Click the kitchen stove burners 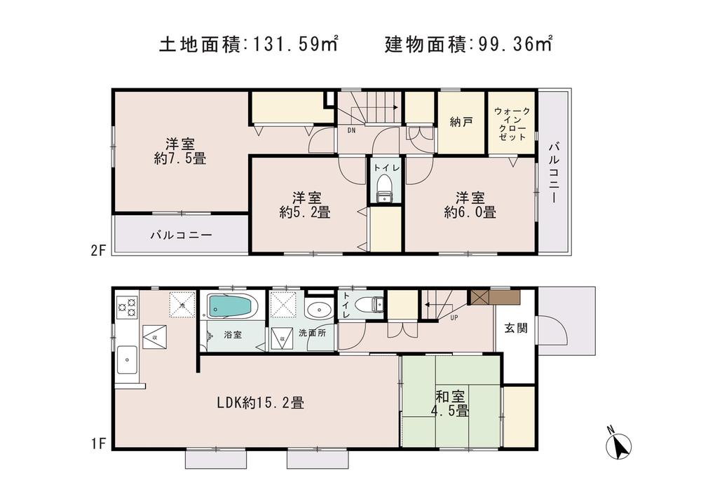point(126,307)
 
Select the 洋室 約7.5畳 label point(180,151)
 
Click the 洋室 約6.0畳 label point(469,204)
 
